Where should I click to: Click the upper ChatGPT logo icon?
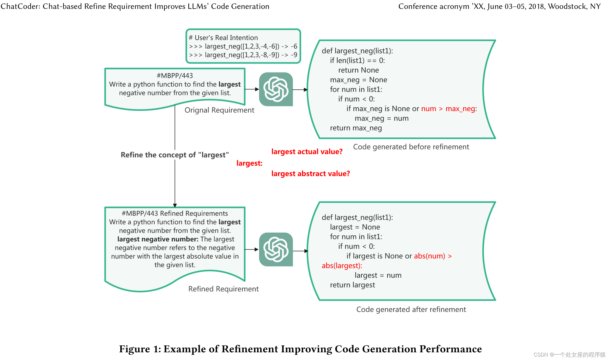[x=276, y=89]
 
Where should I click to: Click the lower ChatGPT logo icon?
[x=276, y=249]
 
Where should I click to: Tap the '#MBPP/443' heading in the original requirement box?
[x=175, y=76]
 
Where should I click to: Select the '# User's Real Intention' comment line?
[x=223, y=38]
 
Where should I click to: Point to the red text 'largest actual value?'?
[x=307, y=152]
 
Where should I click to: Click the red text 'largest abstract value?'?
[x=310, y=174]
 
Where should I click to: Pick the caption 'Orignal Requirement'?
[x=219, y=110]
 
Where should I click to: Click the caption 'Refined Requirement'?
[x=223, y=289]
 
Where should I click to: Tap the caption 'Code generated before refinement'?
[x=411, y=147]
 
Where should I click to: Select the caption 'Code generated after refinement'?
[x=411, y=309]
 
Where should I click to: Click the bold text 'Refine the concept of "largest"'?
[x=175, y=155]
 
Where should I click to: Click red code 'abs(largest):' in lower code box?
[x=342, y=266]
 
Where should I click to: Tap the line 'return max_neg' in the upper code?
[x=356, y=128]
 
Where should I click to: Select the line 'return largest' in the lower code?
[x=352, y=285]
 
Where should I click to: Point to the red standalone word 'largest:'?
[x=249, y=163]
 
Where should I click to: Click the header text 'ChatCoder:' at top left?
[x=21, y=6]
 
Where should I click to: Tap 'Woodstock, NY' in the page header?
[x=574, y=6]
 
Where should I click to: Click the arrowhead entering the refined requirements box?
[x=175, y=205]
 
